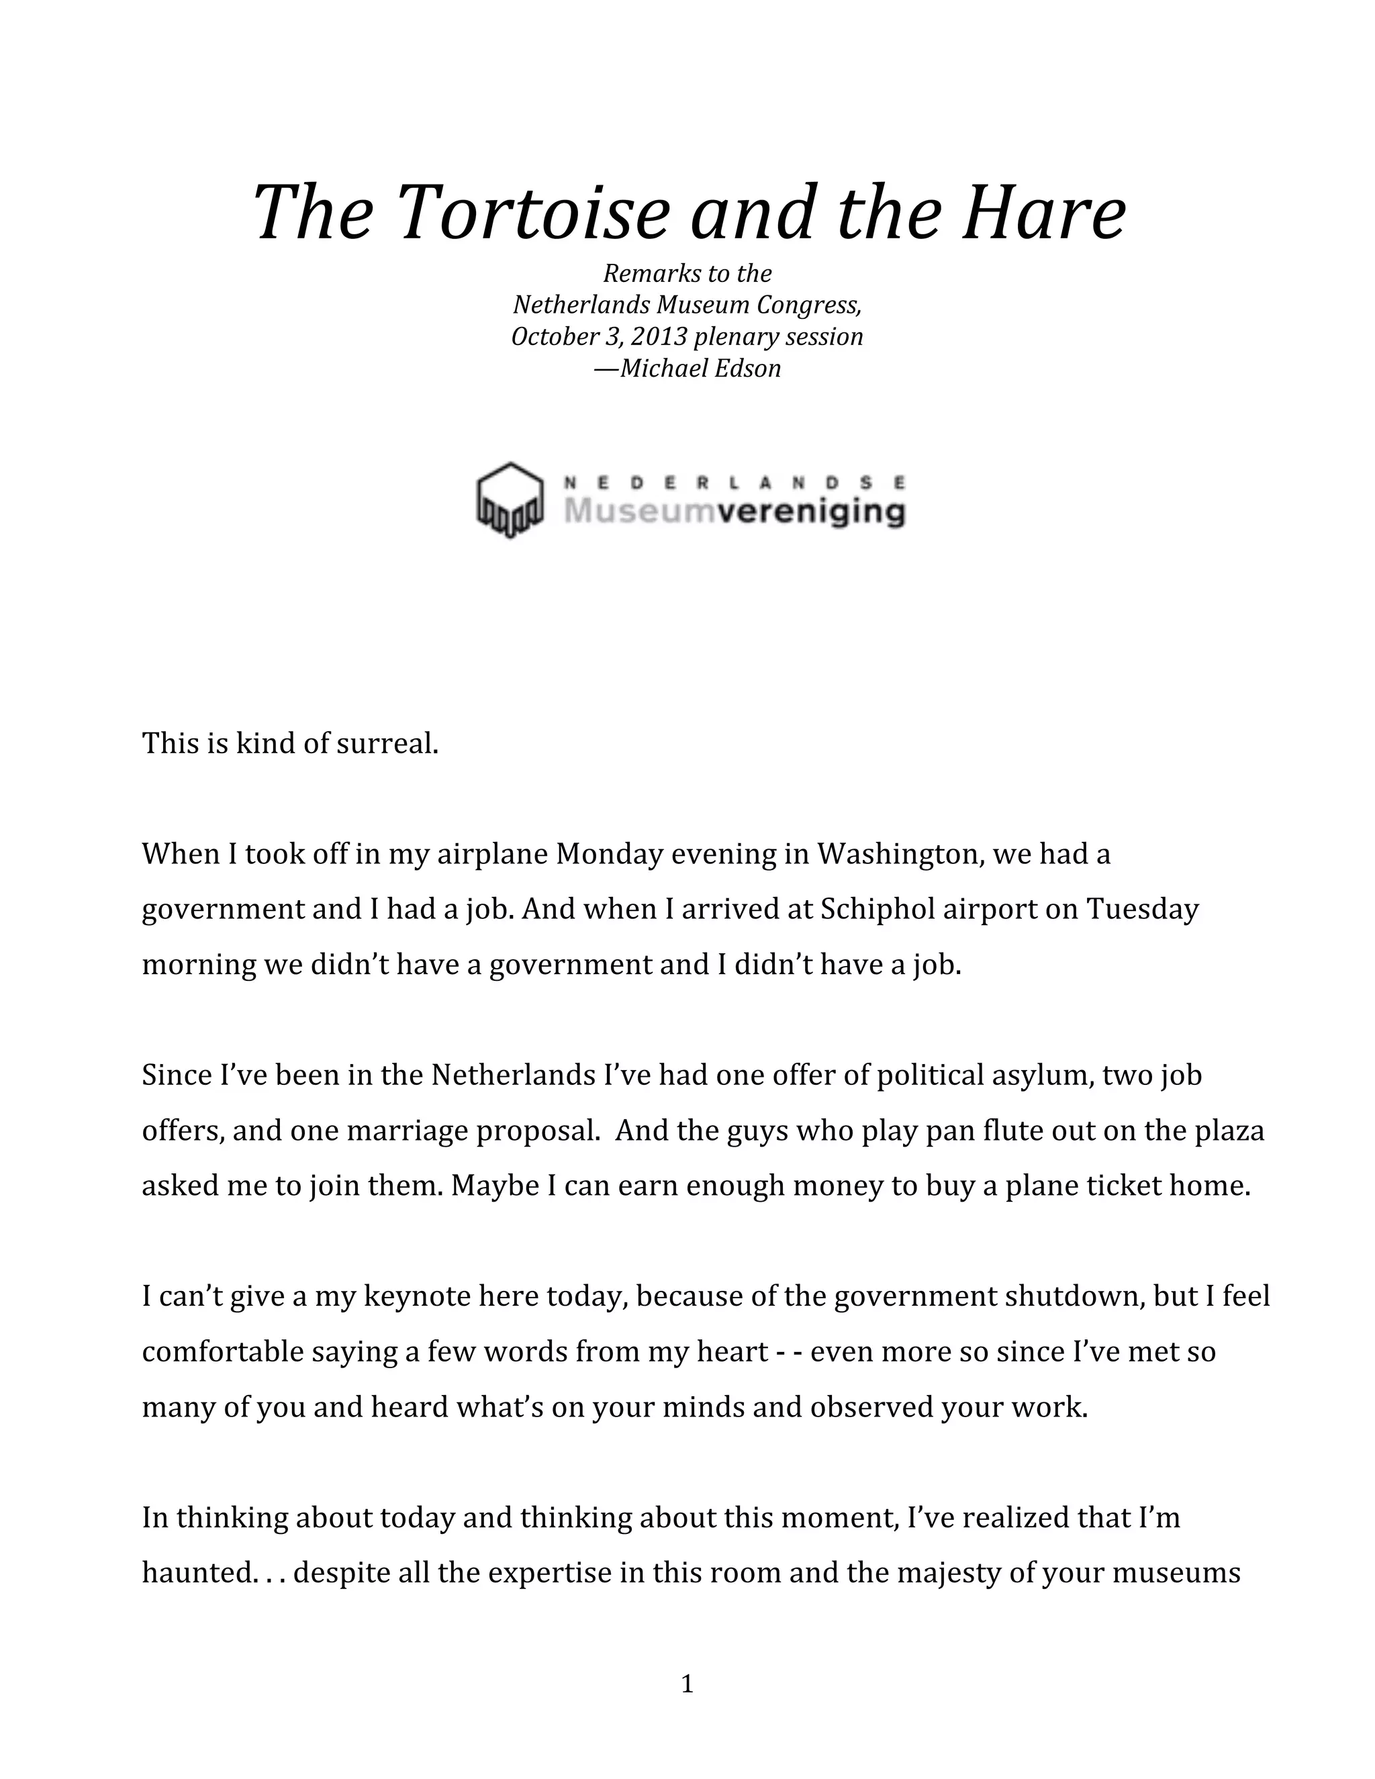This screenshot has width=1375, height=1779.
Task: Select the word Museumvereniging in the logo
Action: click(734, 512)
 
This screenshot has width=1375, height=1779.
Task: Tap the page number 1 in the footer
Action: click(687, 1684)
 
